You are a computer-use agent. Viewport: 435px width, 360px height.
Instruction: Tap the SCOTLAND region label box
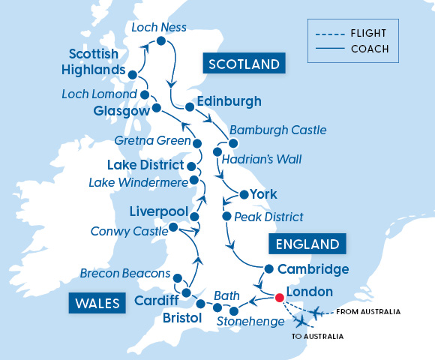[x=244, y=64]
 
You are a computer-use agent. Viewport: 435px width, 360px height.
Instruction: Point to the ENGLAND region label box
[x=307, y=244]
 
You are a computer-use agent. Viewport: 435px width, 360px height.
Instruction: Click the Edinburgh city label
[x=228, y=101]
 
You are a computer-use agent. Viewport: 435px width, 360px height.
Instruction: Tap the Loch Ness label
[x=159, y=28]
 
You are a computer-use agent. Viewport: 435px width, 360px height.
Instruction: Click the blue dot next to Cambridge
[x=268, y=268]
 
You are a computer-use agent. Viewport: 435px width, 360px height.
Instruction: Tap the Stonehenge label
[x=250, y=322]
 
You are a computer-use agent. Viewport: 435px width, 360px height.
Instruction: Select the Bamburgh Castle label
[x=277, y=130]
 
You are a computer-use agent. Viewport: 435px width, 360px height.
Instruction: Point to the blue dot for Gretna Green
[x=197, y=142]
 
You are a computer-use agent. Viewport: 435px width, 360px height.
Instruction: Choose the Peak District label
[x=268, y=217]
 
